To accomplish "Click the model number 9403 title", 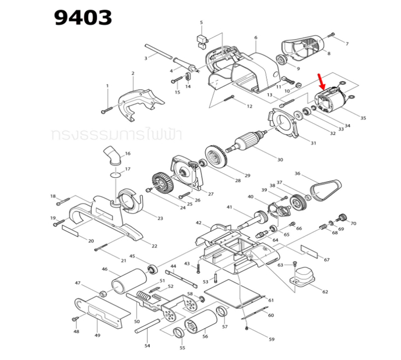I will pos(83,17).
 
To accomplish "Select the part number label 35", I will pos(363,118).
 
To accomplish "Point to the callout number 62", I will pos(325,291).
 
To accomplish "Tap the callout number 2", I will pos(133,73).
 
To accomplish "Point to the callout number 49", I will pos(97,336).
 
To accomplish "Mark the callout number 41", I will pos(230,207).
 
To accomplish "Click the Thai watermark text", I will pos(117,135).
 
